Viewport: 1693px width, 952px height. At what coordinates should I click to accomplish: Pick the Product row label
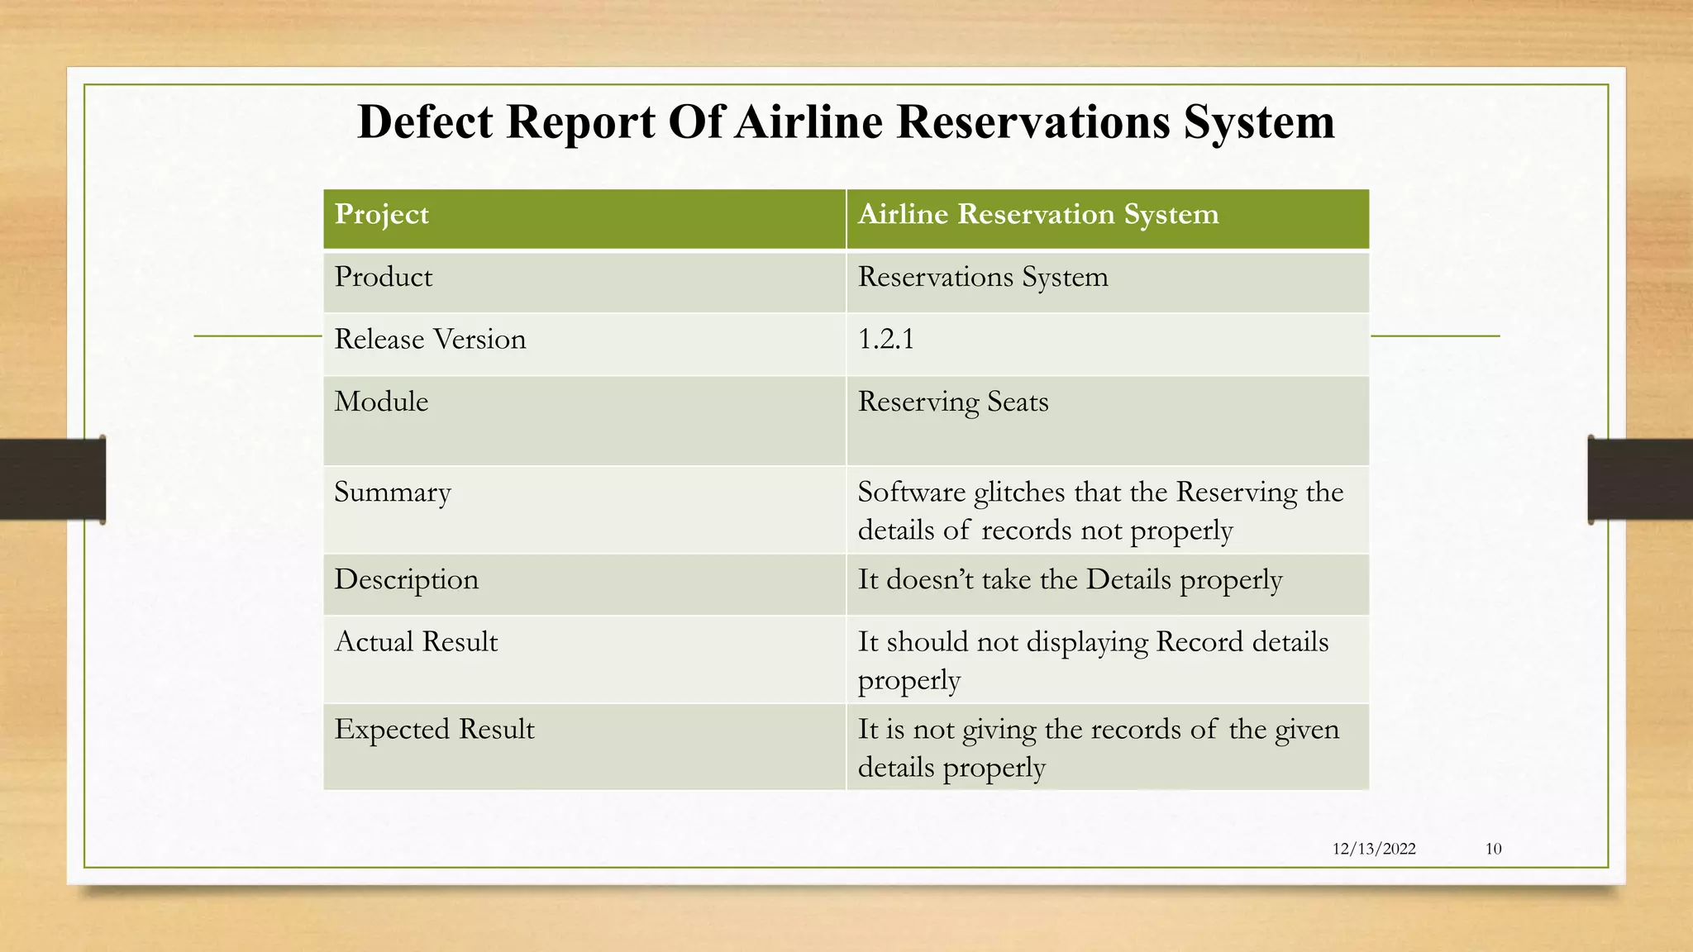[383, 277]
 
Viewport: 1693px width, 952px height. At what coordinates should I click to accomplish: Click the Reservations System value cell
[982, 277]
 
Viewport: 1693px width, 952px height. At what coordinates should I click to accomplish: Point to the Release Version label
[430, 340]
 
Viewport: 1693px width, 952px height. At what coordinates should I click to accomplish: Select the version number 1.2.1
[885, 340]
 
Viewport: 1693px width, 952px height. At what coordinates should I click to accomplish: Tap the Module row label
[381, 402]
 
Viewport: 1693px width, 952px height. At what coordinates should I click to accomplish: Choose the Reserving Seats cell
[952, 402]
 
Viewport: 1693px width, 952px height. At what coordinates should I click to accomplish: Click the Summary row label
[392, 493]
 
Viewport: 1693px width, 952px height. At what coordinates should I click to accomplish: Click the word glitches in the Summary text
[1019, 493]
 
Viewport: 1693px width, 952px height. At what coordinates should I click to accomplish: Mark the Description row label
[406, 580]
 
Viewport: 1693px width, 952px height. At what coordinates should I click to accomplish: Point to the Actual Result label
[416, 642]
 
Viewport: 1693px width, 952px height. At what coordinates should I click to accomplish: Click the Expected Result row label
[434, 730]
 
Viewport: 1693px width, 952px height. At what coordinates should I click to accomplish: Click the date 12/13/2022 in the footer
[1374, 849]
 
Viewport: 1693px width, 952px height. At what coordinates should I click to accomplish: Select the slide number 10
[1493, 849]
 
